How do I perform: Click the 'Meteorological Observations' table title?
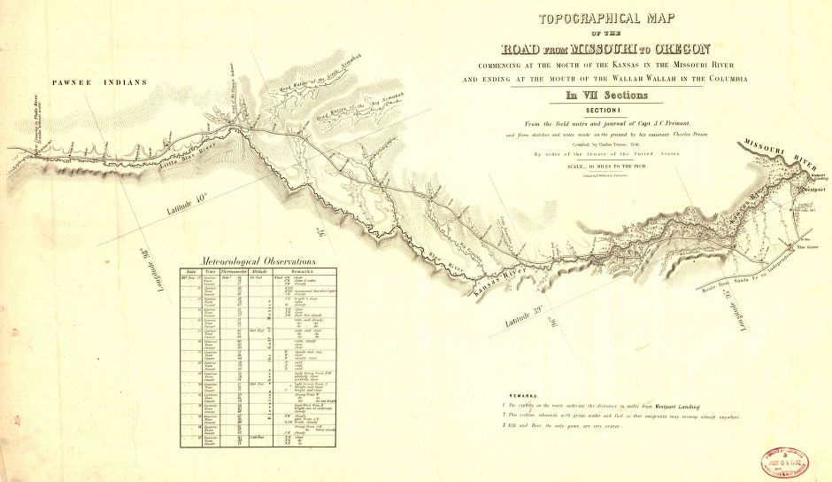258,261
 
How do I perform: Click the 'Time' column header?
209,272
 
